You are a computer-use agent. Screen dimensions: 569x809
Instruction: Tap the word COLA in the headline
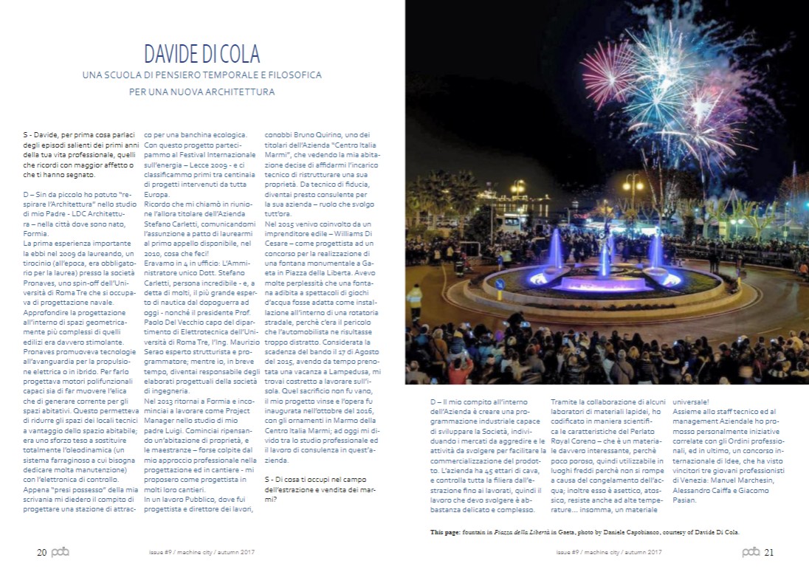coord(241,54)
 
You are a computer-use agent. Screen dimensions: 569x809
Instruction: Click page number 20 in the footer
coord(41,552)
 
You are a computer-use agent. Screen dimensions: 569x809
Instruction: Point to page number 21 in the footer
coord(769,552)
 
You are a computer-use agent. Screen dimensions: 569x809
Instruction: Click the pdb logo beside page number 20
coord(61,552)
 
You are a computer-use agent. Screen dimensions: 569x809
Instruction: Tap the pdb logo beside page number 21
coord(751,552)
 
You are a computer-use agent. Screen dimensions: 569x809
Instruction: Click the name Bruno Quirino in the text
coord(307,135)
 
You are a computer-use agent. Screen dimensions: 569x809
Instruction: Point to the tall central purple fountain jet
coord(605,255)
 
